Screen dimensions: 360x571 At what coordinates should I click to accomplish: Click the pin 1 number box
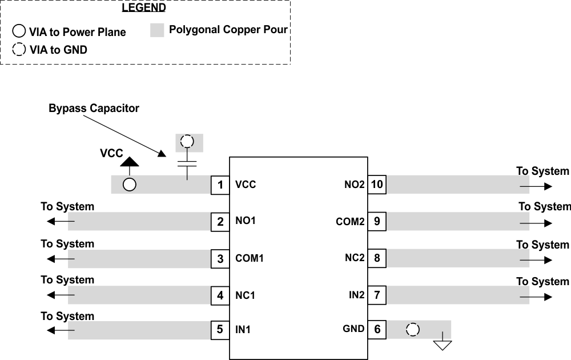(220, 185)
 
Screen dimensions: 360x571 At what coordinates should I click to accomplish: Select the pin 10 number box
(376, 185)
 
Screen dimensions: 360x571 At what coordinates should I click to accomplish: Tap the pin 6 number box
(376, 329)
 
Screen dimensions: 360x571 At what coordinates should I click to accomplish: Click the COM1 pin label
(250, 258)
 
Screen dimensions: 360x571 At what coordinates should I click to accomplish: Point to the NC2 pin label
(355, 258)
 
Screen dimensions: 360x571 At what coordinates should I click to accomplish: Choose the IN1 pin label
(243, 330)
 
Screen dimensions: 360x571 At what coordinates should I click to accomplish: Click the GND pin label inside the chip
(353, 329)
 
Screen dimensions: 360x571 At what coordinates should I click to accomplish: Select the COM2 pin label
(350, 222)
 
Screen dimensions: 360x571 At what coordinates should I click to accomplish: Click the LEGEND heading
(143, 8)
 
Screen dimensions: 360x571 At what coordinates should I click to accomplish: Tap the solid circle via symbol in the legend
(19, 32)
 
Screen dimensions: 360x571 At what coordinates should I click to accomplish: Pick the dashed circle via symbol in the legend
(19, 50)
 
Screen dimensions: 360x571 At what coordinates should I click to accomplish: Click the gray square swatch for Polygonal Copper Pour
(158, 31)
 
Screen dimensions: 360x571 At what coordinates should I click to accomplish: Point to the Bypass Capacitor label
(94, 108)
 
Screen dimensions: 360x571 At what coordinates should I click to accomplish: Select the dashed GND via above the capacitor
(187, 142)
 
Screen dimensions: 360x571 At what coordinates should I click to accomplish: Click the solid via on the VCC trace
(130, 185)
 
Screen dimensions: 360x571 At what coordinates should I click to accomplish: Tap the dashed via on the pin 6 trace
(412, 330)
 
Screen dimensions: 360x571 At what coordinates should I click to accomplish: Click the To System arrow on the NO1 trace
(60, 222)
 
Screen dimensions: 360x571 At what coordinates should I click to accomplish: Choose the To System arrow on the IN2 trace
(536, 297)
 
